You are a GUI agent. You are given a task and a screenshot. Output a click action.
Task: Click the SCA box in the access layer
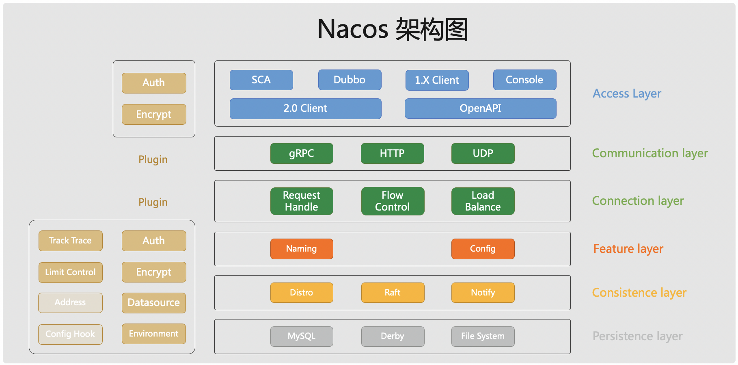click(261, 80)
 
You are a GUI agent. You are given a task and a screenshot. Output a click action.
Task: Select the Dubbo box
click(350, 80)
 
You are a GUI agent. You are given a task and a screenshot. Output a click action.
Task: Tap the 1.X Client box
click(437, 80)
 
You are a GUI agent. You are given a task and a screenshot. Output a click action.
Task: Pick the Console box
click(524, 80)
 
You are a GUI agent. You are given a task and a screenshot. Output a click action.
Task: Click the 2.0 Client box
click(305, 109)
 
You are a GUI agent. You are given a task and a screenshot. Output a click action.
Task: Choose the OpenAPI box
click(480, 109)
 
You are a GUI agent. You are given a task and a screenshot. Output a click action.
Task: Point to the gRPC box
click(302, 153)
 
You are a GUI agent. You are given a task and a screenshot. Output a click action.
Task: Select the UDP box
click(483, 153)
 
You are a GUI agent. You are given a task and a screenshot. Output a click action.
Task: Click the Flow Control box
click(393, 201)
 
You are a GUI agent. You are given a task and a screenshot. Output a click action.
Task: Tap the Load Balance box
click(483, 201)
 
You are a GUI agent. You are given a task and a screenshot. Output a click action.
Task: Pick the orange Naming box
click(302, 249)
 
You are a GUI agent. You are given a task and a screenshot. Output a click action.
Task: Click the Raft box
click(393, 293)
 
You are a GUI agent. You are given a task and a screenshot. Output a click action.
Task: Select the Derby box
click(393, 337)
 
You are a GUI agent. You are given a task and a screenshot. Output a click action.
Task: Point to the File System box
click(483, 337)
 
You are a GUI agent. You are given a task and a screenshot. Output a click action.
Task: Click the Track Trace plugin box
click(70, 241)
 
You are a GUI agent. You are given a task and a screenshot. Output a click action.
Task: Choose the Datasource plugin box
click(154, 303)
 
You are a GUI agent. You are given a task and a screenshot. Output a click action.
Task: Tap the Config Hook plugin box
click(70, 334)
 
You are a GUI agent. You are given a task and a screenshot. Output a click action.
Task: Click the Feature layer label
click(628, 249)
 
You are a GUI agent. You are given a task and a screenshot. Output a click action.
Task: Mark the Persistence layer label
click(637, 337)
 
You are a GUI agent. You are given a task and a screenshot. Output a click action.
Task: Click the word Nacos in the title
click(353, 29)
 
